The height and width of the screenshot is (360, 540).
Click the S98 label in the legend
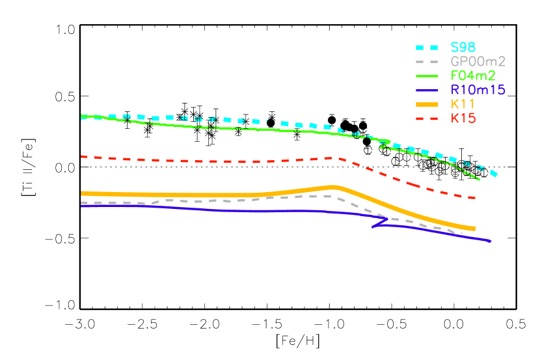(463, 47)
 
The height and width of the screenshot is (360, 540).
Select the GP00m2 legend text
(478, 61)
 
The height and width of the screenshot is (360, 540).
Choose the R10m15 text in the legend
(478, 90)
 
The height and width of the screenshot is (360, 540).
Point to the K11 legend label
(463, 104)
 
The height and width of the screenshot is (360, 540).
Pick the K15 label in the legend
(463, 118)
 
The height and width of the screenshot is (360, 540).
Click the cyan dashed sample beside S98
(428, 47)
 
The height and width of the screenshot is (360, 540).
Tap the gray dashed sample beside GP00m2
(428, 61)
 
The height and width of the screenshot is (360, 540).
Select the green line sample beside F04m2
(428, 76)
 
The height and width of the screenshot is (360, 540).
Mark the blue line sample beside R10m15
(428, 90)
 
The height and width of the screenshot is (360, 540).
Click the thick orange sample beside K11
(428, 104)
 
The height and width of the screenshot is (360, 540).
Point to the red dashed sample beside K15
(428, 118)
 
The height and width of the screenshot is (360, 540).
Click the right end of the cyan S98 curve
(496, 174)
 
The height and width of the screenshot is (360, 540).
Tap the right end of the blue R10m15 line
(490, 241)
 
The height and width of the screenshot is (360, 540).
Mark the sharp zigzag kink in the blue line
(375, 226)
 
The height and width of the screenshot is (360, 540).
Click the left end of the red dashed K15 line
(81, 156)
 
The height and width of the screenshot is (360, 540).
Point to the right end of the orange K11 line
(475, 228)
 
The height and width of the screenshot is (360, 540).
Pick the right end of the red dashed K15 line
(475, 197)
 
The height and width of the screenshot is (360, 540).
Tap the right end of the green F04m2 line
(479, 178)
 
